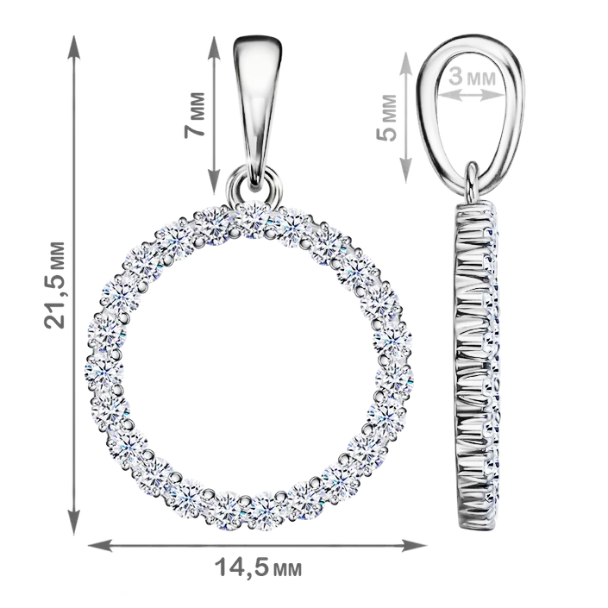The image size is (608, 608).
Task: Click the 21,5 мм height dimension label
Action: (x=53, y=285)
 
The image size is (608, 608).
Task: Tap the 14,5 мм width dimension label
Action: (x=258, y=568)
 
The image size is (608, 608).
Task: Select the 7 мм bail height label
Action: (x=194, y=115)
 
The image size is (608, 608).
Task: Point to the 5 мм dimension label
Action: (x=386, y=117)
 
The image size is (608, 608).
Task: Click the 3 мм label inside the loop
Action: (x=472, y=77)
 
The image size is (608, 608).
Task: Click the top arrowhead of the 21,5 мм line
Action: (x=73, y=47)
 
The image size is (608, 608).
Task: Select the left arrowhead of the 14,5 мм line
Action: (x=100, y=545)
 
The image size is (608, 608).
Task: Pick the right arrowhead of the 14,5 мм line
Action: (x=414, y=545)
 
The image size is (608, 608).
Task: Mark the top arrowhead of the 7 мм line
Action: (x=214, y=48)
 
